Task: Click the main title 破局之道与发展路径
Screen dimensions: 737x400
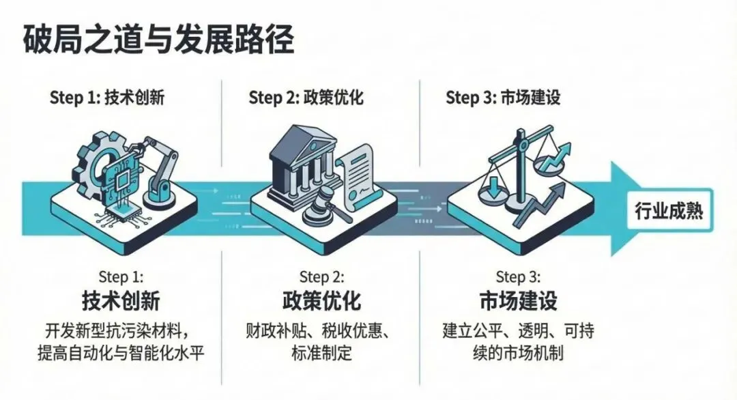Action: click(x=158, y=40)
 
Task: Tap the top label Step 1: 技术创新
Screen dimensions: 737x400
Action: click(x=107, y=98)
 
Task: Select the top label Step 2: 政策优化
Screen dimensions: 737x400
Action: click(x=306, y=98)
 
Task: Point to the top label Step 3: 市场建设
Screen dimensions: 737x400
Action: click(x=503, y=98)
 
